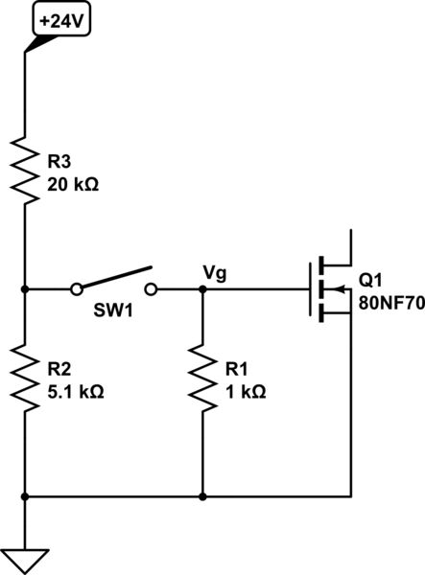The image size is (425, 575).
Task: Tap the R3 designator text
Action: click(60, 164)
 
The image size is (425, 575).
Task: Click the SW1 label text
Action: click(114, 314)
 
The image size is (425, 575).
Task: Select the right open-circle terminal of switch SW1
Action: click(151, 287)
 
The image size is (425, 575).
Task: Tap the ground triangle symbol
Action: click(23, 559)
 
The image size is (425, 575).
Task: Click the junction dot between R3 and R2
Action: click(23, 287)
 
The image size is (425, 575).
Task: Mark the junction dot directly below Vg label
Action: click(203, 287)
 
